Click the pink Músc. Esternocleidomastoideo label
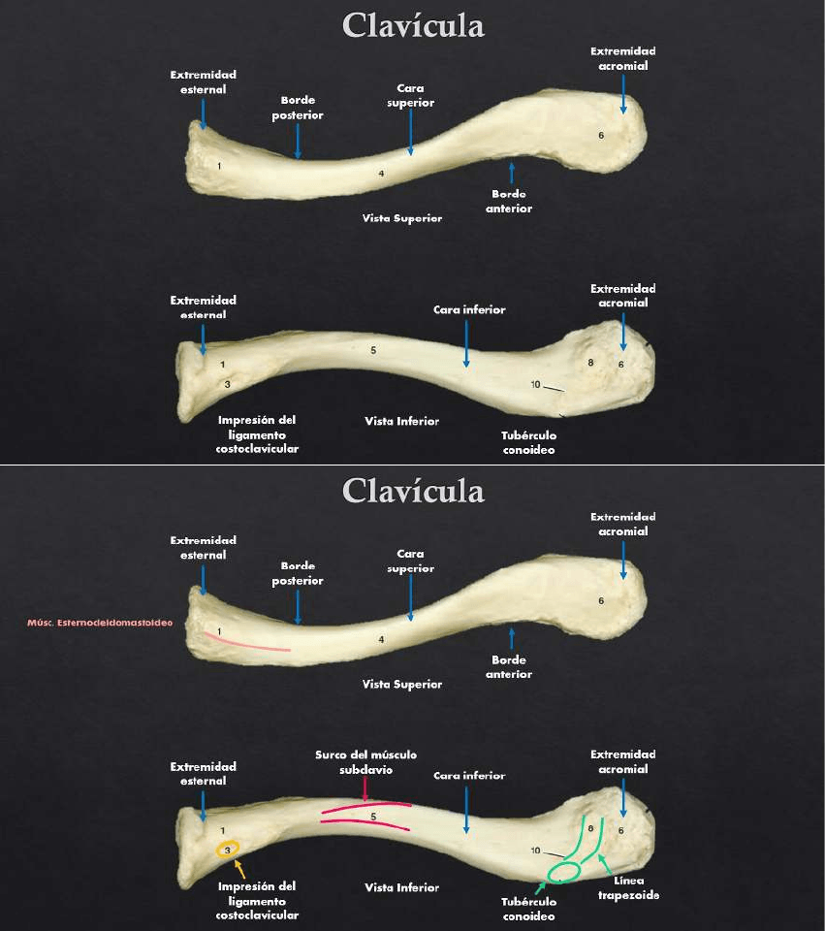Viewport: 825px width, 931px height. tap(99, 623)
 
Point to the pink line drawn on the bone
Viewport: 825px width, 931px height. tap(247, 644)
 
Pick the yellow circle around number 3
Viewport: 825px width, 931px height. tap(227, 851)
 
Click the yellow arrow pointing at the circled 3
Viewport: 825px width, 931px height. tap(238, 869)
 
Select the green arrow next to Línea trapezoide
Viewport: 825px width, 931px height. tap(605, 863)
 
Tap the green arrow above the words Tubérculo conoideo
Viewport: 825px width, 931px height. tap(539, 886)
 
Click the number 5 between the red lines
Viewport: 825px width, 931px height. tap(373, 817)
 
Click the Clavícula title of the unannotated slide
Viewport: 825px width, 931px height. tap(413, 26)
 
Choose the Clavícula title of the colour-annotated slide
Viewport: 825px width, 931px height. tap(413, 492)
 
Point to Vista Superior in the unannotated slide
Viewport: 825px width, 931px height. tap(402, 218)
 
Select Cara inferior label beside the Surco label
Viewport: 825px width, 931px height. tap(469, 776)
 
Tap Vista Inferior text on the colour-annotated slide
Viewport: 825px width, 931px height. tap(401, 887)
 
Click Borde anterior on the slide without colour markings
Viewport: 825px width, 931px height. tap(509, 201)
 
